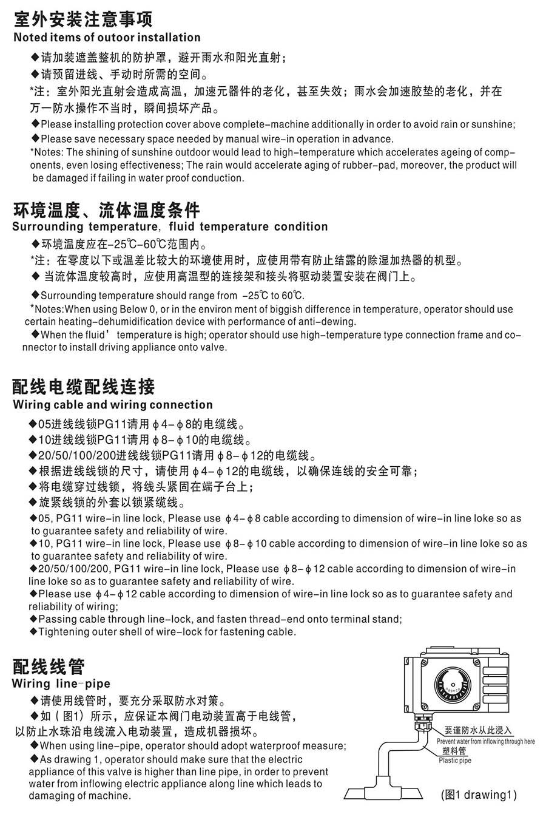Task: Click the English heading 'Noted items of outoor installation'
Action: point(106,38)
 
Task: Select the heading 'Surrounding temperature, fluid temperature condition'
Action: point(170,227)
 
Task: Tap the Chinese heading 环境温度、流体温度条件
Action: point(106,210)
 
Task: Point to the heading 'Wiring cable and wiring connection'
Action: point(113,405)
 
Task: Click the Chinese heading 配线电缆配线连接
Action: point(84,387)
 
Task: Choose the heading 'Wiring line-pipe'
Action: point(61,684)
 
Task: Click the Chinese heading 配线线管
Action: point(49,666)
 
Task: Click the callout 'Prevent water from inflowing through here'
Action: point(485,742)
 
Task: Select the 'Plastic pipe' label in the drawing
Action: point(455,761)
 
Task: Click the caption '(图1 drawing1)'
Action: point(479,795)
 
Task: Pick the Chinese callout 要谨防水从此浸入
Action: point(478,731)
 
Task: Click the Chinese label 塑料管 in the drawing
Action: point(454,751)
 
